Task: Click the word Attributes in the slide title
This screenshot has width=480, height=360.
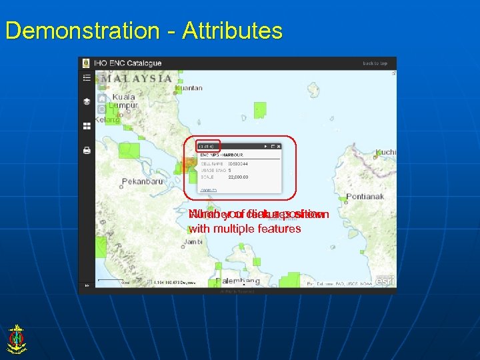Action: tap(233, 31)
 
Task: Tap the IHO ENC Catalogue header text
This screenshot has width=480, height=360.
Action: tap(128, 63)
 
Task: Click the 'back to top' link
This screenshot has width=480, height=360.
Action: tap(375, 63)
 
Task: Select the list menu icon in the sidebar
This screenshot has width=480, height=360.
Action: tap(87, 78)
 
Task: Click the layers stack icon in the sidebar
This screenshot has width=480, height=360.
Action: tap(87, 102)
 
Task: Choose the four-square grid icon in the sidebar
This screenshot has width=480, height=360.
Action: tap(87, 126)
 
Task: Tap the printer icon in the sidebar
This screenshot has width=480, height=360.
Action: tap(87, 151)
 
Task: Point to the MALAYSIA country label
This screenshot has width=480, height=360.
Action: tap(136, 79)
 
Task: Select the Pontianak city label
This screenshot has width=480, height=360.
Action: tap(367, 197)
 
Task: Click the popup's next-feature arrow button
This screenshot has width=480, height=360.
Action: tap(265, 145)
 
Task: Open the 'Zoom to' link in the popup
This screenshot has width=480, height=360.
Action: tap(209, 190)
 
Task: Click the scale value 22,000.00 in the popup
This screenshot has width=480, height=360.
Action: tap(238, 177)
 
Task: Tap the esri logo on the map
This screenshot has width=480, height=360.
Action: tap(385, 281)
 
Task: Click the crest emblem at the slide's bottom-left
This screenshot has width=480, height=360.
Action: tap(17, 339)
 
